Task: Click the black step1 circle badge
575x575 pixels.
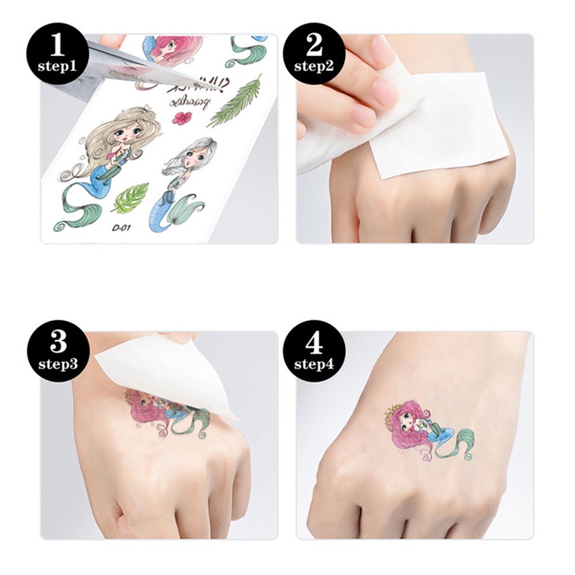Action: pyautogui.click(x=59, y=55)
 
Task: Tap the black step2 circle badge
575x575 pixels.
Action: pyautogui.click(x=314, y=55)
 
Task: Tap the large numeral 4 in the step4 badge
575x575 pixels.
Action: pyautogui.click(x=314, y=342)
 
